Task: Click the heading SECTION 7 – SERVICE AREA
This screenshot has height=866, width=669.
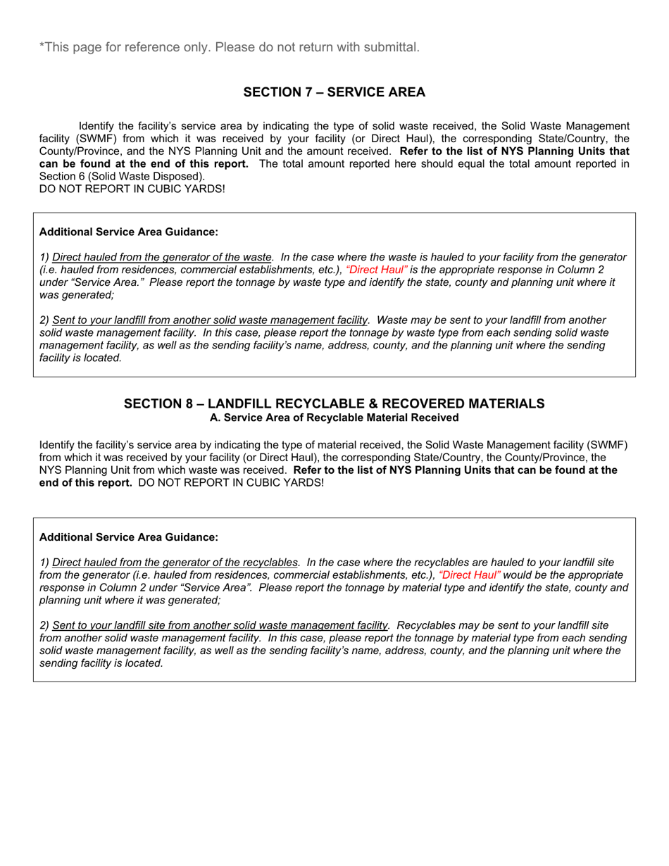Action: tap(334, 92)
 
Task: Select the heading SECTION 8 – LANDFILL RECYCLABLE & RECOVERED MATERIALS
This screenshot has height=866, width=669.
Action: tap(334, 403)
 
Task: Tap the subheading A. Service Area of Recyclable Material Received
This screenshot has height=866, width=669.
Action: tap(334, 418)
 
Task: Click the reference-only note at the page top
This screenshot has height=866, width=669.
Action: tap(230, 47)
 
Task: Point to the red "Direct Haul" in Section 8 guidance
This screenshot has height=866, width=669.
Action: tap(470, 575)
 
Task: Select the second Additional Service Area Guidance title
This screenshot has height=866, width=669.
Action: tap(129, 537)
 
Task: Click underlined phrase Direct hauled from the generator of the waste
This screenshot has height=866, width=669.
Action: tap(162, 257)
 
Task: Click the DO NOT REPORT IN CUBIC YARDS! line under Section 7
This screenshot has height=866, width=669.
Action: tap(132, 189)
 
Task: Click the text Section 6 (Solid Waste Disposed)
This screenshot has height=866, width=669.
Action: tap(122, 176)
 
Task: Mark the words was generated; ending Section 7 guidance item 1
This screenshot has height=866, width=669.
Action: tap(76, 295)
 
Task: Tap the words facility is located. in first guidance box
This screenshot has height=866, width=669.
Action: tap(81, 358)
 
